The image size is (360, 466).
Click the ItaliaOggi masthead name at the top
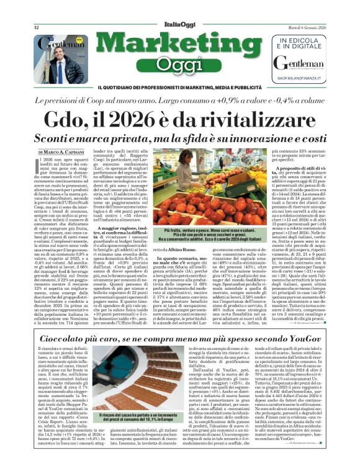pyautogui.click(x=179, y=24)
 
